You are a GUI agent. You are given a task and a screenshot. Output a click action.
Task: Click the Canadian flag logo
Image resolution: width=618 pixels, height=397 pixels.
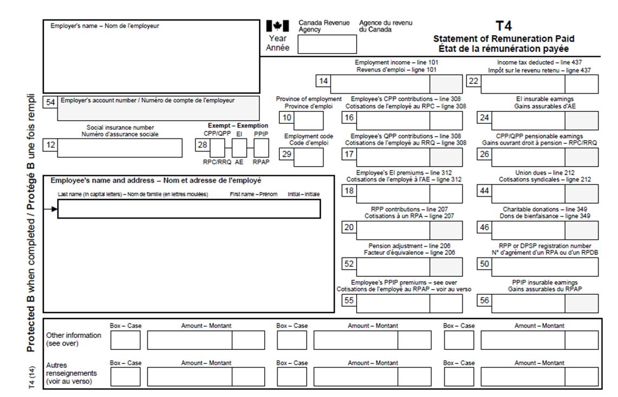[278, 26]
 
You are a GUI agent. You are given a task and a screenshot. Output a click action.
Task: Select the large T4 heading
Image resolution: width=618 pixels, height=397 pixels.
[503, 26]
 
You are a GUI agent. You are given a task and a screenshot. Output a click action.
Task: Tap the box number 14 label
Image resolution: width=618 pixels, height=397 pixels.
[323, 82]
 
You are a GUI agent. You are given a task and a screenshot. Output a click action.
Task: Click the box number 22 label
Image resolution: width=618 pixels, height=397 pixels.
[472, 82]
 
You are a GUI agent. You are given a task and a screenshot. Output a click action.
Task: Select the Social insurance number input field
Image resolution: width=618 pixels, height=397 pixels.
[120, 148]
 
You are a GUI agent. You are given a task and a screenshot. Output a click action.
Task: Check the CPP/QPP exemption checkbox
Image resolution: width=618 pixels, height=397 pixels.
[217, 147]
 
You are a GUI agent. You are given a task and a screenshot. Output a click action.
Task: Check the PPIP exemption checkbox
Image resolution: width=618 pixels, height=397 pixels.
[261, 147]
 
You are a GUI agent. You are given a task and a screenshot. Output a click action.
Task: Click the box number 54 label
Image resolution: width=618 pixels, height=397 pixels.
[50, 103]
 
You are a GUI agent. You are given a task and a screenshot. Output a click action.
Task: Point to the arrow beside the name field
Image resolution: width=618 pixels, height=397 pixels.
[51, 209]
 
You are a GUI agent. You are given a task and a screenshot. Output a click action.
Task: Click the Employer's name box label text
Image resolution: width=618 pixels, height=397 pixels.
[105, 25]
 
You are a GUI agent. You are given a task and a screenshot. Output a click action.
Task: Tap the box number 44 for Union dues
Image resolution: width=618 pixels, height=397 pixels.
[483, 191]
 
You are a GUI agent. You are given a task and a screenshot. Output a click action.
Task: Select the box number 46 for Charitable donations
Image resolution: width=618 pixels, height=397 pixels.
[483, 228]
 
